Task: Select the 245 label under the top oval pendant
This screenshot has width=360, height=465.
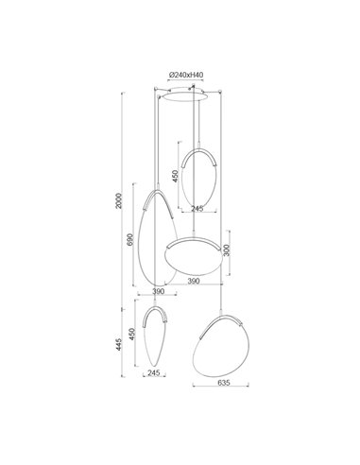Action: [x=197, y=210]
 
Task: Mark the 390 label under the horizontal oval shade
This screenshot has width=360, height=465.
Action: [x=194, y=283]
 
